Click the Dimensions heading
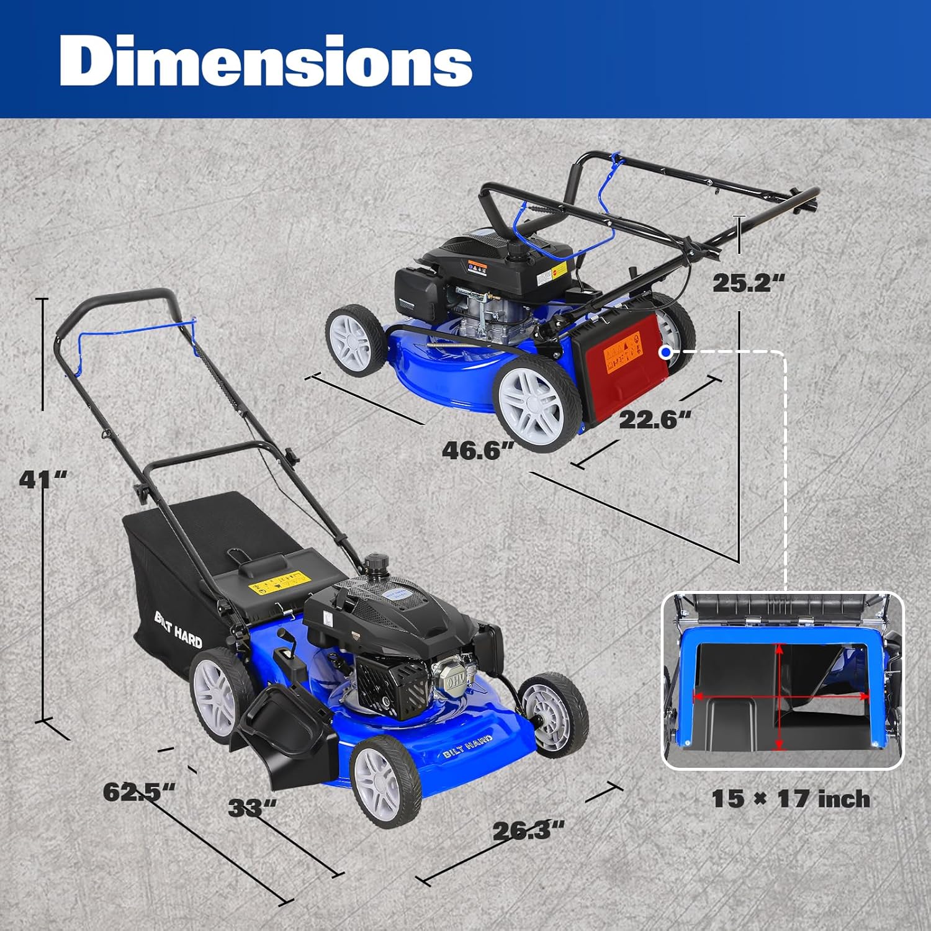(x=266, y=61)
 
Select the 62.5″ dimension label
(x=139, y=792)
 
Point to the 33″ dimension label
(x=252, y=808)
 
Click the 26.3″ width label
(x=528, y=830)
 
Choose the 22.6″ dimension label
(x=654, y=420)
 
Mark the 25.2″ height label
(x=748, y=283)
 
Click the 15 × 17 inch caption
(x=790, y=799)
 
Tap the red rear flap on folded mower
(x=621, y=366)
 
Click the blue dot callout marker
(x=666, y=352)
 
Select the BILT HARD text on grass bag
(x=178, y=629)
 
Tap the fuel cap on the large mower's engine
(x=375, y=565)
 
